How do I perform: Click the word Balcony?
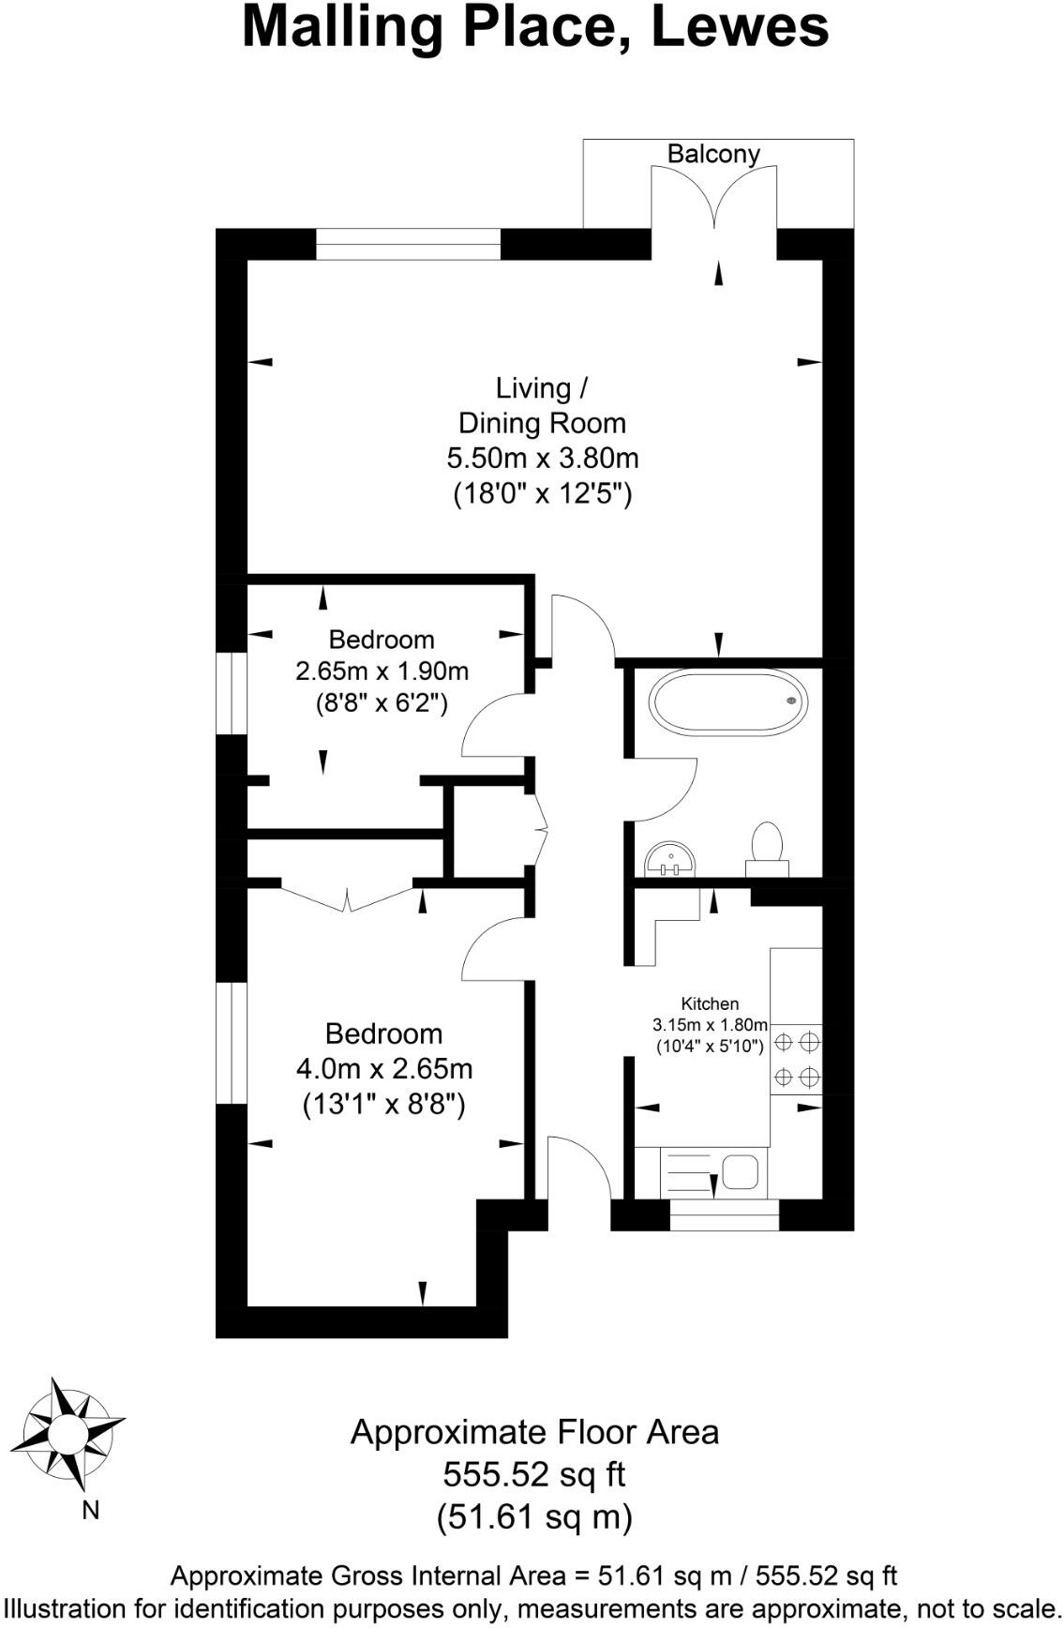point(713,154)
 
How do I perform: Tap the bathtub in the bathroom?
point(729,701)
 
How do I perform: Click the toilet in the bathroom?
point(768,845)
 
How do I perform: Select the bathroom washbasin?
point(671,858)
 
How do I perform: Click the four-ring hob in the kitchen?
point(797,1059)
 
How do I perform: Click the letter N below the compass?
point(91,1511)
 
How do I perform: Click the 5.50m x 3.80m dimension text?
point(543,459)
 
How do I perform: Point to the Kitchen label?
point(710,1003)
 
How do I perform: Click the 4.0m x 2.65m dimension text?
point(384,1069)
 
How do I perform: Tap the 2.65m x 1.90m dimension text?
point(382,671)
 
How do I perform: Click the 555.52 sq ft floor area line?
point(533,1474)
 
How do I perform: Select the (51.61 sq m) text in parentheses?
point(534,1516)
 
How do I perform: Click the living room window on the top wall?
point(409,245)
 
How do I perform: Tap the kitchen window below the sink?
point(725,1215)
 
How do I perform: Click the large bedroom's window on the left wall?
point(231,1043)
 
